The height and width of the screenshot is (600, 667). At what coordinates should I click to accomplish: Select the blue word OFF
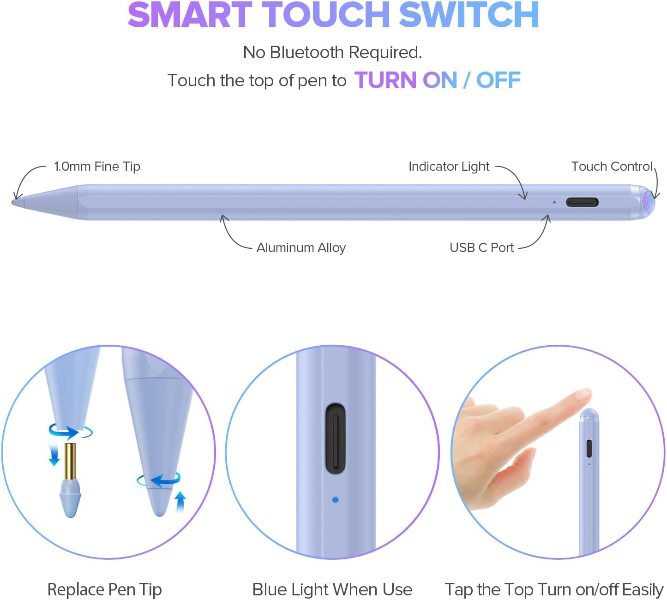pyautogui.click(x=499, y=80)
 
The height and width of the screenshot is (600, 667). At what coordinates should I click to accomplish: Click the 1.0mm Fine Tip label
pyautogui.click(x=97, y=167)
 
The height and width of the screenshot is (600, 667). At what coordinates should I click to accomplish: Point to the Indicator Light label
pyautogui.click(x=449, y=167)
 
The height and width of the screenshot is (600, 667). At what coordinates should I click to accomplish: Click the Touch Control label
pyautogui.click(x=612, y=167)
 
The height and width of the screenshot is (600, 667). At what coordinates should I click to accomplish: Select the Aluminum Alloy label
pyautogui.click(x=301, y=248)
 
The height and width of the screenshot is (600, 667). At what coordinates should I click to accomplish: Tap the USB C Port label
pyautogui.click(x=481, y=248)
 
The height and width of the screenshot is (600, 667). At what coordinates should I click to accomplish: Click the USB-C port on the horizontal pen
pyautogui.click(x=582, y=202)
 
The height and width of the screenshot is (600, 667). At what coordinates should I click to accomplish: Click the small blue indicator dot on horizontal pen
pyautogui.click(x=554, y=202)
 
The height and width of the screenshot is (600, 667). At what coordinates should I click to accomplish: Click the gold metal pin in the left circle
pyautogui.click(x=70, y=461)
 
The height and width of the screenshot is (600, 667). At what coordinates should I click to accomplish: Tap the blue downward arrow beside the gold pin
pyautogui.click(x=54, y=456)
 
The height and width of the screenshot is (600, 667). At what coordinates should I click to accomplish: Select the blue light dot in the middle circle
pyautogui.click(x=335, y=499)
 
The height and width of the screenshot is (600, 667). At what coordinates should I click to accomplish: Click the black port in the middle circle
pyautogui.click(x=336, y=438)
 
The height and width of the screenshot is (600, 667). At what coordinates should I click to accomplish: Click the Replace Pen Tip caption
pyautogui.click(x=104, y=589)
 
